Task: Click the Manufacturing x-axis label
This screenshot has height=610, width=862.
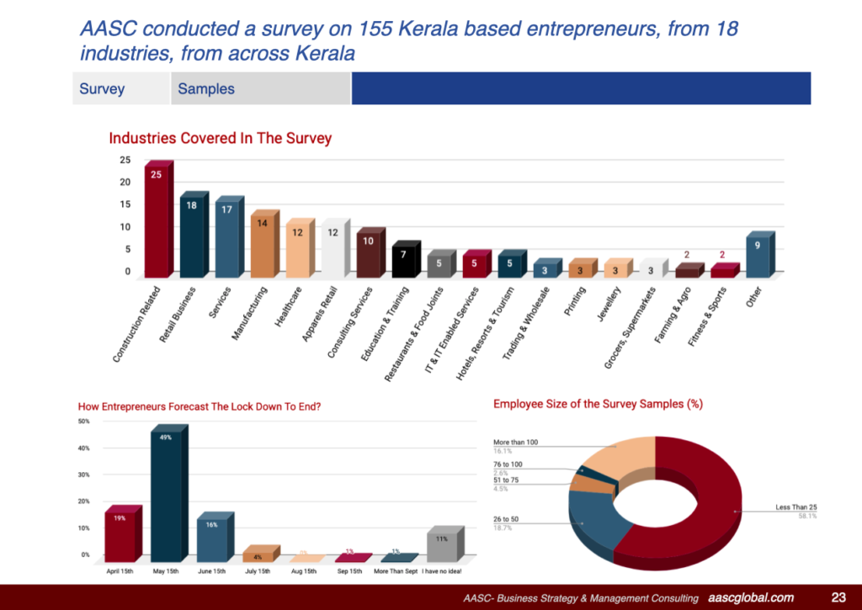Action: point(250,313)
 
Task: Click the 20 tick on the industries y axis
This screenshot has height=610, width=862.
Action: point(125,183)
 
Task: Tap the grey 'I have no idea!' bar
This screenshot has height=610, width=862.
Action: point(442,546)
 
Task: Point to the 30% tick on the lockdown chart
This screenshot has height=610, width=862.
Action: point(84,475)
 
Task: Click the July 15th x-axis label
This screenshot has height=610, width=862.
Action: point(258,571)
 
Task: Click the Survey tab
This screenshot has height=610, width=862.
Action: point(102,88)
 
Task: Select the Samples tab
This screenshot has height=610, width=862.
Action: point(206,88)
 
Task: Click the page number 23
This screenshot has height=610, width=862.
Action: point(838,597)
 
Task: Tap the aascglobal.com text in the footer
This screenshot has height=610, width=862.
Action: point(751,597)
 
